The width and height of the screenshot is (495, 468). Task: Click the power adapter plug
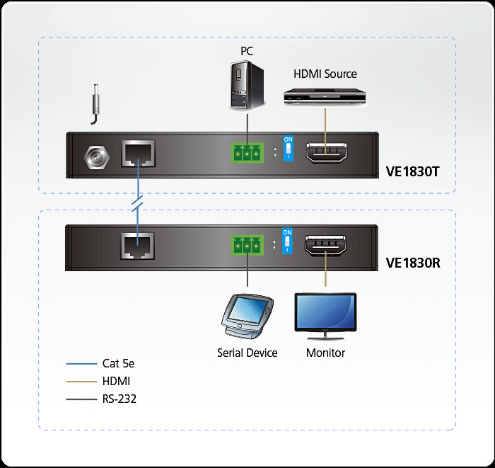point(93,102)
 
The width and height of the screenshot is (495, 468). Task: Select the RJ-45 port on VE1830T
point(138,154)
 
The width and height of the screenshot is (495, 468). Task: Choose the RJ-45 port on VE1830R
point(138,245)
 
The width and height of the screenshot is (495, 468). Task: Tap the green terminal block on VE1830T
point(246,154)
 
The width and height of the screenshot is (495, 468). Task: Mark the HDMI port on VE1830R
point(326,246)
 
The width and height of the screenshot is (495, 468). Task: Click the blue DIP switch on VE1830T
point(288,149)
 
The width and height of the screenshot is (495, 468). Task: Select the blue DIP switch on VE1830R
point(287,241)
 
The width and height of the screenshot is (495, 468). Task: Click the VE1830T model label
point(414,171)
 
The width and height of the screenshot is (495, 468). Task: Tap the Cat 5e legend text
point(118,364)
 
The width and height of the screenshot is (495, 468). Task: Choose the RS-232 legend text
point(119,399)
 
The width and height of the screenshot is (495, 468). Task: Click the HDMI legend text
point(116,381)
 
